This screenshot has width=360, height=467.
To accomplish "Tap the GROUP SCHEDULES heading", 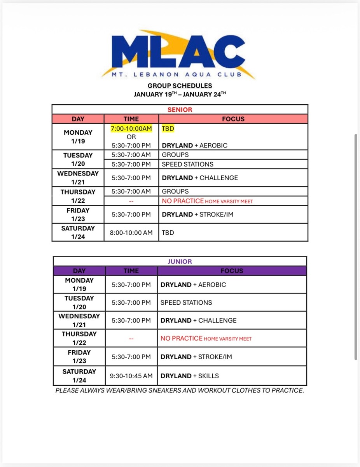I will [180, 86].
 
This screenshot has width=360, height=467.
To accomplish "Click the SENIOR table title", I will [180, 110].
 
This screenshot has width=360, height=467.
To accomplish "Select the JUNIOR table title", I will [180, 262].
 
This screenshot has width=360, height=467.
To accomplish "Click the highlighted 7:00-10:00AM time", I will [131, 128].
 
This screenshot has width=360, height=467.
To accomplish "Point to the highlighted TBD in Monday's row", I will [168, 128].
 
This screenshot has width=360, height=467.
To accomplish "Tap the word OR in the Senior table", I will [131, 137].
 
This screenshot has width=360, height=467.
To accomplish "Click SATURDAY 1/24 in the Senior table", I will [78, 232].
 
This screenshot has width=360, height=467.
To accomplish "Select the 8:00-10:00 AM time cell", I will [131, 233].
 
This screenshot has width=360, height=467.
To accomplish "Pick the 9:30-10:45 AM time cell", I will [131, 376].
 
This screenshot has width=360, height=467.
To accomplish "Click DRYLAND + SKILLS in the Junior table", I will [190, 376].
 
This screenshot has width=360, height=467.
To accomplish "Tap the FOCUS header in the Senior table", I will [233, 119].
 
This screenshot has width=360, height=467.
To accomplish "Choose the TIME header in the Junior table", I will [131, 271].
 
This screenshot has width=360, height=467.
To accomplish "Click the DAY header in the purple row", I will [79, 271].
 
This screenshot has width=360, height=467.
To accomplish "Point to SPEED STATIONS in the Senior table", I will [188, 164].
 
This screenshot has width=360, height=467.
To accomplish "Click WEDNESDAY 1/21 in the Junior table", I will [79, 320].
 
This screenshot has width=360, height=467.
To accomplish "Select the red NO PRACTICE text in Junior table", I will [182, 339].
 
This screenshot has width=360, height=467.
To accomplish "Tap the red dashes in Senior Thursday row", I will [131, 201].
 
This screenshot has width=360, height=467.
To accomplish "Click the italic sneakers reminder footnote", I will [180, 390].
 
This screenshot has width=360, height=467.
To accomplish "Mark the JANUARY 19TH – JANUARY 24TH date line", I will [180, 95].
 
